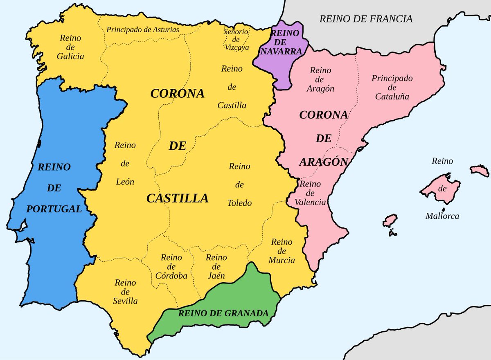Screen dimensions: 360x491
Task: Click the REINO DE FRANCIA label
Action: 365,18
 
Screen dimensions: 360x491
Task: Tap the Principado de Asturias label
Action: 142,29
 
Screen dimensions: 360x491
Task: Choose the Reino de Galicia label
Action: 70,47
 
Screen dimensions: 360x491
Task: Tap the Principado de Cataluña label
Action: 392,87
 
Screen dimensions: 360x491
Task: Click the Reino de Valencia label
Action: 313,193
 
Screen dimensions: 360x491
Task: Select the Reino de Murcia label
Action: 282,251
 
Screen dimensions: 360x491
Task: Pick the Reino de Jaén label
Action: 216,266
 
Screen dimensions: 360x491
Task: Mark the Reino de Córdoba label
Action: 171,266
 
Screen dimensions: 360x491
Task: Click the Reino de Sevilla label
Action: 125,292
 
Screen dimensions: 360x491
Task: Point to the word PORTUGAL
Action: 54,209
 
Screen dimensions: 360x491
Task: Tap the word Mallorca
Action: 442,216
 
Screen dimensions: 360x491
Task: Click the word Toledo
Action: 239,203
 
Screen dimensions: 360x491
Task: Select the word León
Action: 125,182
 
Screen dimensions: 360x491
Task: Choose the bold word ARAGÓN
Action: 323,162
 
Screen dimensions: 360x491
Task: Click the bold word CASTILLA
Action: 177,198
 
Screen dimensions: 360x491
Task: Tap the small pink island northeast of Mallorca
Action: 480,171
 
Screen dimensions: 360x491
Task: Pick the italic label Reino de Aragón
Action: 320,79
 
